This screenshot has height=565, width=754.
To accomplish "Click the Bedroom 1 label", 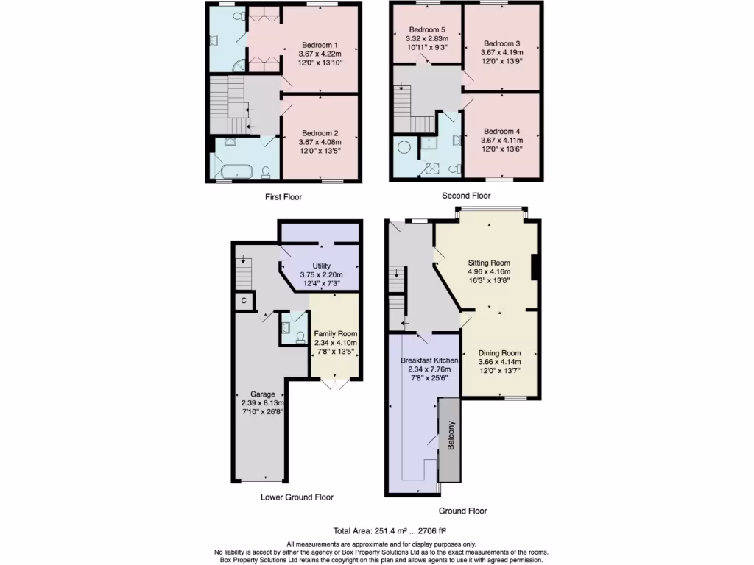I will tap(320, 43).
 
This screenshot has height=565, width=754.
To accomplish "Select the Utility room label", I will tap(321, 266).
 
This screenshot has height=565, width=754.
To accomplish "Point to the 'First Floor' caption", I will tap(283, 197).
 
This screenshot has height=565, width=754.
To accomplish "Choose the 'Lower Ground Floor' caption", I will tap(297, 497).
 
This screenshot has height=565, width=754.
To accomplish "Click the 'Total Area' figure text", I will tap(390, 530).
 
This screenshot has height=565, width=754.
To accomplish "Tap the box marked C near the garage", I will tap(243, 301).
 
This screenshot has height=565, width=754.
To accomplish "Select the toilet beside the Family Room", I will tap(300, 337).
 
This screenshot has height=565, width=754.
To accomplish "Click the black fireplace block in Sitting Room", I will tap(535, 268).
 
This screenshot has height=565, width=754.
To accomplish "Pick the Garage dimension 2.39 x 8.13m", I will tap(262, 403).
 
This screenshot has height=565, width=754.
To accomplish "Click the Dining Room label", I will tap(499, 352).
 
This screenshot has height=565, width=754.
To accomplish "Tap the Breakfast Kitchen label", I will tap(430, 360).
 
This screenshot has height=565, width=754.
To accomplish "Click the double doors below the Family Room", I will tap(334, 383).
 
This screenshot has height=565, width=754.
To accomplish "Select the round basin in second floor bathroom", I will tap(404, 147).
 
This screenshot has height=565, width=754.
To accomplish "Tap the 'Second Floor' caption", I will tap(465, 196).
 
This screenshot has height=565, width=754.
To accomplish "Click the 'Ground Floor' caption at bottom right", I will tap(462, 511).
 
